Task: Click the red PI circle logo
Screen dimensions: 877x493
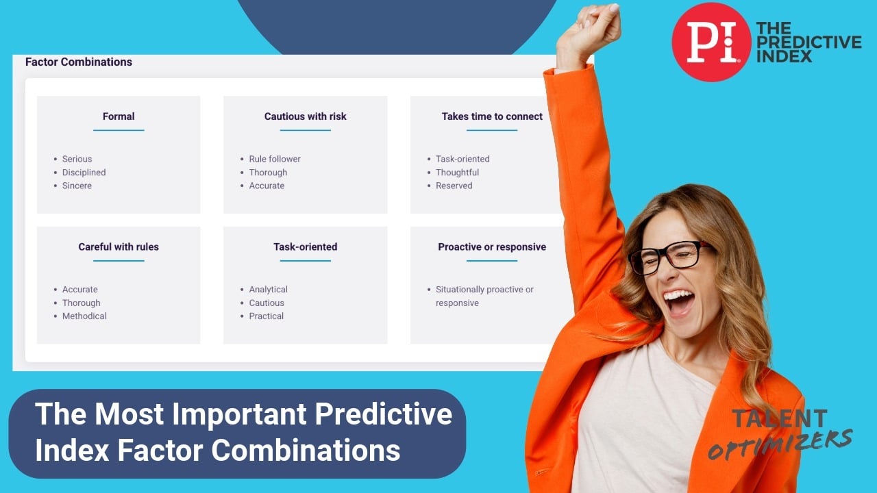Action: click(711, 42)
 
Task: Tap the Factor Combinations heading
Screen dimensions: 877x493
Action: click(79, 62)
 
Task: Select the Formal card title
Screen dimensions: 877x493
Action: click(119, 116)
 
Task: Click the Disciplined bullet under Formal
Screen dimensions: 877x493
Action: click(84, 172)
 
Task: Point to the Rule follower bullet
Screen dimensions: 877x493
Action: click(275, 159)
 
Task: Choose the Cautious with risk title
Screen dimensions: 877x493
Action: click(306, 116)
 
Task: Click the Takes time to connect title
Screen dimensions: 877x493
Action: click(492, 116)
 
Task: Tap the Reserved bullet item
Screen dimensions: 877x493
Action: click(454, 186)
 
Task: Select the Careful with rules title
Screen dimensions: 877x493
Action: click(119, 247)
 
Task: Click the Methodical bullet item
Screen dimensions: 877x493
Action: click(84, 316)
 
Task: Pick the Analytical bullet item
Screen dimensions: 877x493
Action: click(268, 289)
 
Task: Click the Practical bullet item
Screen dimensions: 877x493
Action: click(267, 316)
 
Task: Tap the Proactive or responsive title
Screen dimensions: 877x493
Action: click(492, 247)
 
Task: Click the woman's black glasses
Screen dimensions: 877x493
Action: click(670, 257)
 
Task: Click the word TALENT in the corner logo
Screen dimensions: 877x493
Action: click(780, 418)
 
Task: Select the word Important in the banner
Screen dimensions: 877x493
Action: click(239, 414)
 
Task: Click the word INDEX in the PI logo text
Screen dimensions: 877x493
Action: click(784, 56)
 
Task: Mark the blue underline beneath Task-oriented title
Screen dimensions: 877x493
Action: click(306, 261)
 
